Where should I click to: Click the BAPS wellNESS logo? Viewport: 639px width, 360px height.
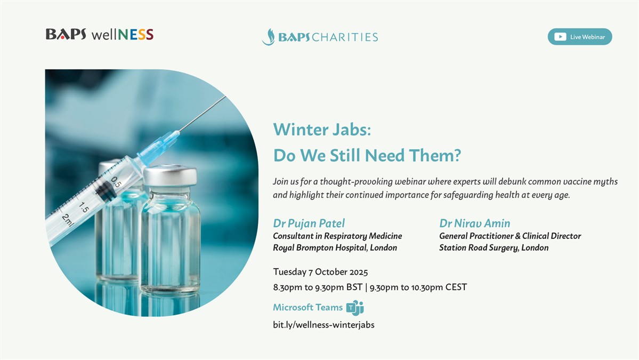tap(100, 34)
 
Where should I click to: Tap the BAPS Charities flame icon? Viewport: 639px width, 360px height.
tap(269, 37)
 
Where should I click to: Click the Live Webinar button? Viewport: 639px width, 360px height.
tap(579, 37)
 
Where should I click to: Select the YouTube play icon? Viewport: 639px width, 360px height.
tap(560, 37)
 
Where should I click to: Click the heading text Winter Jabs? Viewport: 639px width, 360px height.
tap(322, 130)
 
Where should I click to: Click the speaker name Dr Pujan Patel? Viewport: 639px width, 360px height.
tap(309, 223)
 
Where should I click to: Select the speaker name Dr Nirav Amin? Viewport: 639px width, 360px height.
tap(474, 223)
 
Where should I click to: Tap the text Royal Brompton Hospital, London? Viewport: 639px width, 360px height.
tap(335, 247)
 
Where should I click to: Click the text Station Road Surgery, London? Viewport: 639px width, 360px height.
tap(494, 247)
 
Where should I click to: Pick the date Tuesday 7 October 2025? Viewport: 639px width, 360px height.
tap(320, 272)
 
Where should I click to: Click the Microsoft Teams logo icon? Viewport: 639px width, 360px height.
tap(355, 308)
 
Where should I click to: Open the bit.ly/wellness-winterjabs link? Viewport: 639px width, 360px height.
tap(323, 325)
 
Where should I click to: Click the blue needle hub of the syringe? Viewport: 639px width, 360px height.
tap(158, 148)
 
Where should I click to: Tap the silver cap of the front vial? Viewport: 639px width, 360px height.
tap(170, 175)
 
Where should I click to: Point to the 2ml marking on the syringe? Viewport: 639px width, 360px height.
tap(68, 220)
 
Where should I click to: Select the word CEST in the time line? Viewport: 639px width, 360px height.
tap(456, 287)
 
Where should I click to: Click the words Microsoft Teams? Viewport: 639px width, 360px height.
tap(308, 307)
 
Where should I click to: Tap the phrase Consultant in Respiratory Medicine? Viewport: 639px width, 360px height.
tap(337, 236)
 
